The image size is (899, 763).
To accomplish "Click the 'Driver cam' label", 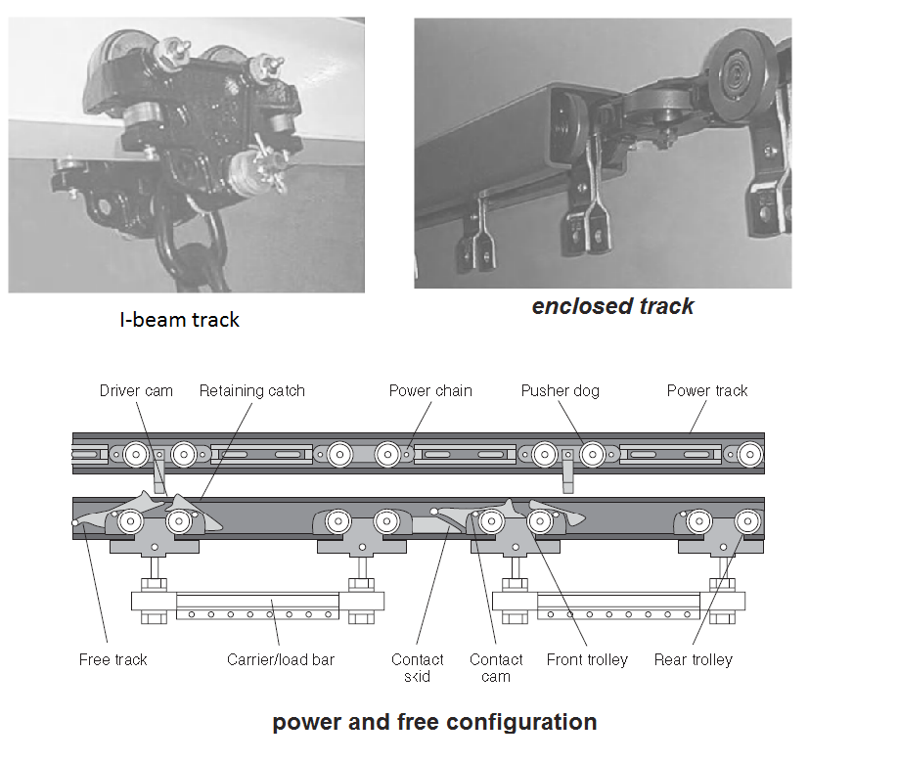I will (x=136, y=391).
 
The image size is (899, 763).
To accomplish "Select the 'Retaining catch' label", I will (x=252, y=391).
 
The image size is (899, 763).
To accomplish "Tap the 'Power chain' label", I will (x=430, y=391).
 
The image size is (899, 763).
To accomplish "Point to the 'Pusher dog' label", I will (x=560, y=391).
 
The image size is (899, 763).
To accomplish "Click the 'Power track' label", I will (x=707, y=391).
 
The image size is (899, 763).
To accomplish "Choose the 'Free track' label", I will (x=113, y=660).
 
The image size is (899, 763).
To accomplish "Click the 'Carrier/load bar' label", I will (x=281, y=660).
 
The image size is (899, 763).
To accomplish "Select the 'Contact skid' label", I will (x=418, y=668).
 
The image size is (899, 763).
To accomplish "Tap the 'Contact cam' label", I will (x=496, y=668).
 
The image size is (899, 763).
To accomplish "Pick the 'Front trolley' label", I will (x=587, y=660).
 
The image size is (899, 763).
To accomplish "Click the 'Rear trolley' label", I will (x=694, y=660).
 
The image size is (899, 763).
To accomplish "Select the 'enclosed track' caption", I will (x=613, y=306).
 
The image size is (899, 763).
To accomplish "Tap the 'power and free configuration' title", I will (x=434, y=723).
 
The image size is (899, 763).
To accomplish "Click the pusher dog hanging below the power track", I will (x=566, y=475).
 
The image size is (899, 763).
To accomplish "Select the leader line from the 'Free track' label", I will (x=95, y=587).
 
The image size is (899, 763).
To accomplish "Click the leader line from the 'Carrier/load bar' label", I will (x=277, y=626).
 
